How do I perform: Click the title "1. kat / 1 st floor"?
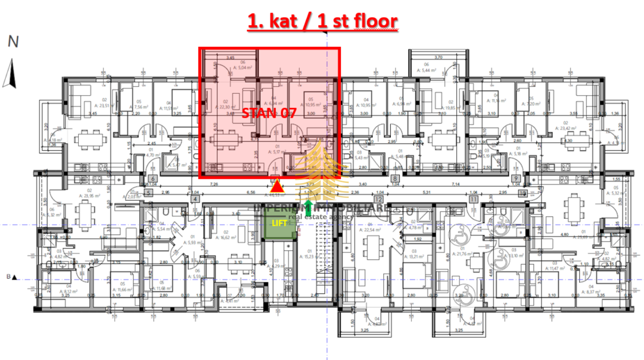pyautogui.click(x=322, y=21)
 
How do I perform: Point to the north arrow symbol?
pyautogui.click(x=8, y=74)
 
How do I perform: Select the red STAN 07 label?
pyautogui.click(x=268, y=113)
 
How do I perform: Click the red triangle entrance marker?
pyautogui.click(x=277, y=187)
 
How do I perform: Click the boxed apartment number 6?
pyautogui.click(x=152, y=179)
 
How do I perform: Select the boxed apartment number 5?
pyautogui.click(x=149, y=192)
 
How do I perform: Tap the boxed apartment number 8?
pyautogui.click(x=396, y=179)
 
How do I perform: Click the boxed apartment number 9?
pyautogui.click(x=516, y=179)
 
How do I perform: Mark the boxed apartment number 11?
pyautogui.click(x=473, y=199)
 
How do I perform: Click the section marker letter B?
pyautogui.click(x=9, y=277)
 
